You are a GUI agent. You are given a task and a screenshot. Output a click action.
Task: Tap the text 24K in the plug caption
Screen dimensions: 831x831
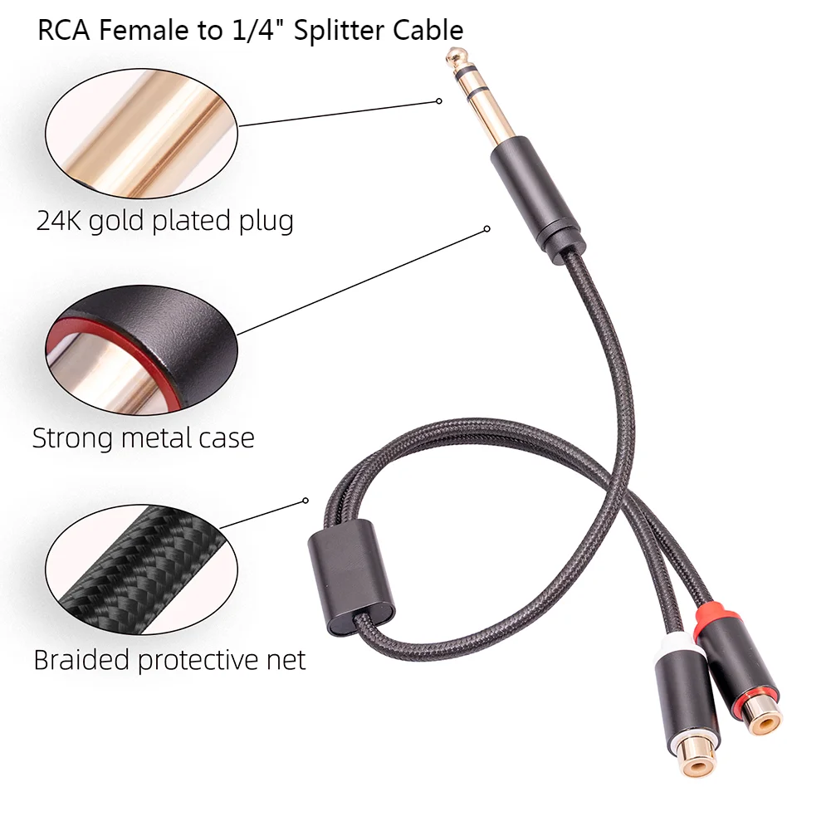pos(59,221)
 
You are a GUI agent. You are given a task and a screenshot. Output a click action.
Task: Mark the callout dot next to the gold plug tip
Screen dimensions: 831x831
pos(439,101)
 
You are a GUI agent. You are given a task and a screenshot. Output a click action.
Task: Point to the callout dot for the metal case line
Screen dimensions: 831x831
pos(488,228)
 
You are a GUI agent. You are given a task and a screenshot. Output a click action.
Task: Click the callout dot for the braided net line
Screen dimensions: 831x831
pos(306,501)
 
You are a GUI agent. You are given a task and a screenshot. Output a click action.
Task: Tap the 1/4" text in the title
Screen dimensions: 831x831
pos(246,30)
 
